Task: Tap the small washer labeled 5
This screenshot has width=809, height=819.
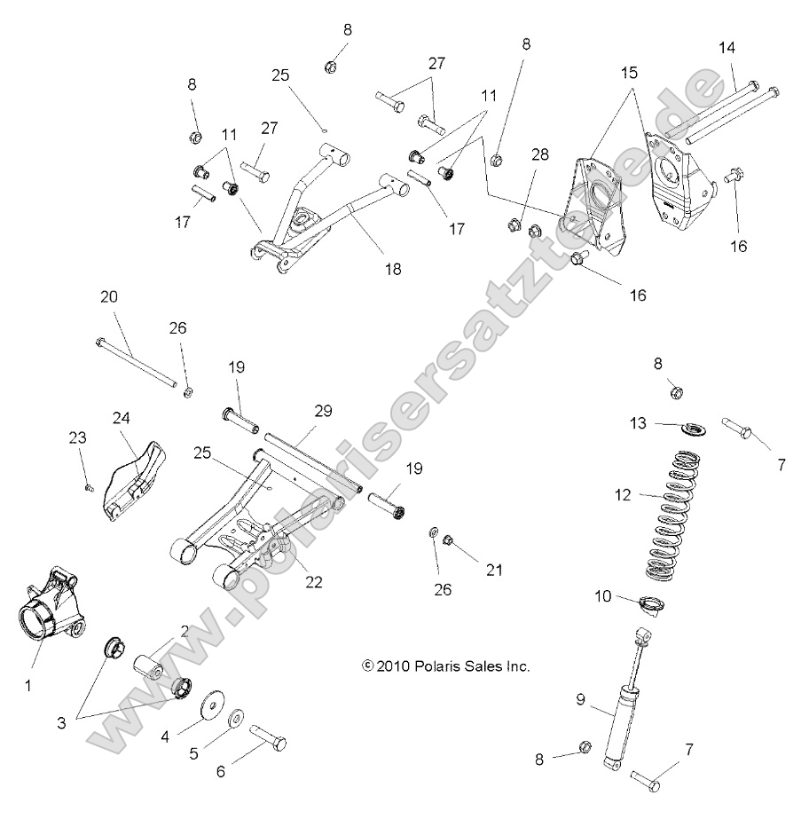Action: click(x=237, y=718)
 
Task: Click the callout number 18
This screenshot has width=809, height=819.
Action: click(x=393, y=269)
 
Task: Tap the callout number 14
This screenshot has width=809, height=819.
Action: click(x=727, y=46)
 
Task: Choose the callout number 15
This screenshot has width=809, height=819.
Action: click(x=629, y=70)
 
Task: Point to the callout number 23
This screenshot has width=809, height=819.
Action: click(x=79, y=437)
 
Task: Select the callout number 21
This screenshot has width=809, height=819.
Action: click(x=493, y=570)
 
